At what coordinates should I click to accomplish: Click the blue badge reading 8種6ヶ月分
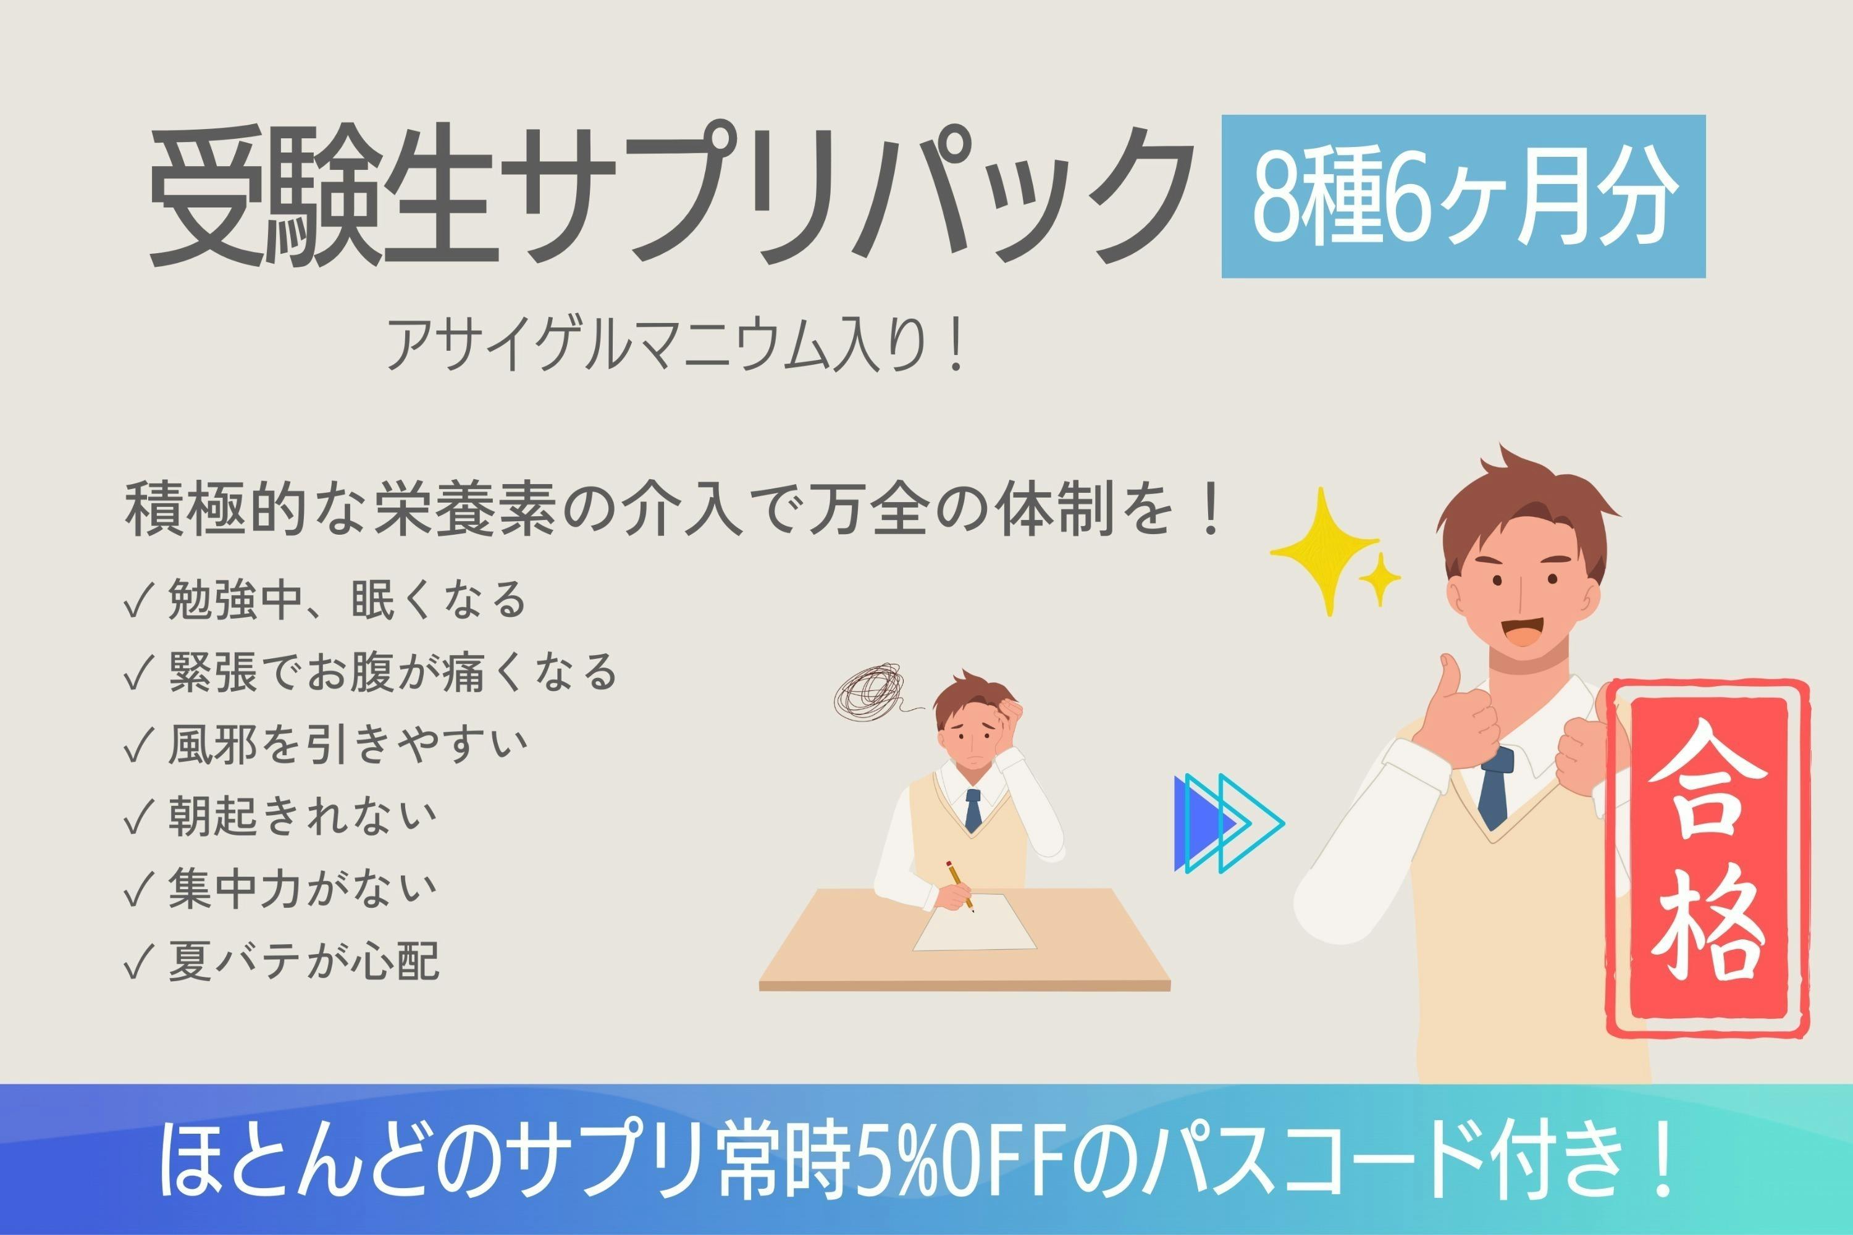click(1463, 196)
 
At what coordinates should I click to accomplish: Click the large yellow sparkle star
click(1326, 550)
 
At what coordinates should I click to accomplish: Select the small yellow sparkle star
click(1379, 579)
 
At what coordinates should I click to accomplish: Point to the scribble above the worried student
click(869, 691)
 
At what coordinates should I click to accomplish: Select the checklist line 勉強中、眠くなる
click(325, 600)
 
